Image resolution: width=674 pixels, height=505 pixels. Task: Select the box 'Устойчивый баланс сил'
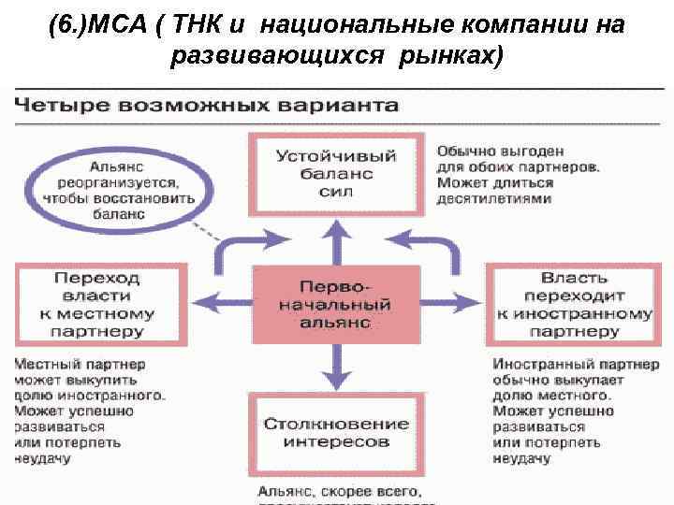coord(337,173)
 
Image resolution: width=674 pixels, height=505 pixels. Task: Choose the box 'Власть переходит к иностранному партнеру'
coord(573,304)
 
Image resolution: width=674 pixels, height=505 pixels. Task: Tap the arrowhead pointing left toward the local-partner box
coord(201,302)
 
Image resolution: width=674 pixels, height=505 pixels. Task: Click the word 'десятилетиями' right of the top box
coord(495,199)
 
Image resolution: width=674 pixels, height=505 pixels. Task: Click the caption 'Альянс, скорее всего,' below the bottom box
coord(340,490)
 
